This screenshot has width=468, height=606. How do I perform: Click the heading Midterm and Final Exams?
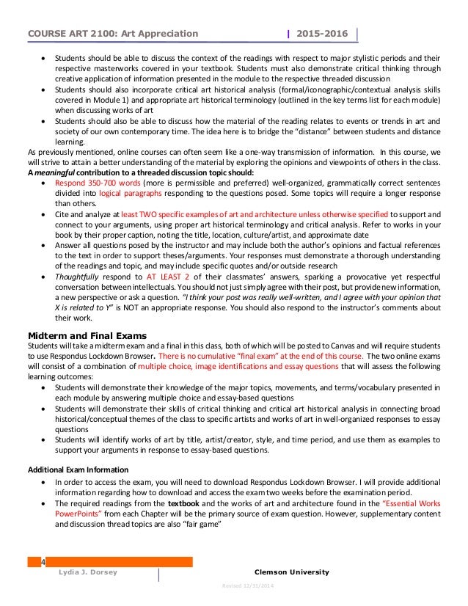[x=79, y=336]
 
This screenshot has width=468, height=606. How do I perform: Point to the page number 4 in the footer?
[x=43, y=562]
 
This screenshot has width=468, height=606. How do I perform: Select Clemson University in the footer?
[x=290, y=572]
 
